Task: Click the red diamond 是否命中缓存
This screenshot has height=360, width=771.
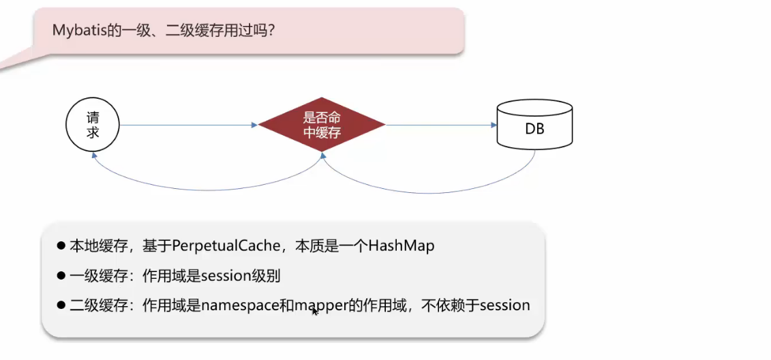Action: point(322,125)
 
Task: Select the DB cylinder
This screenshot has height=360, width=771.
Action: point(534,125)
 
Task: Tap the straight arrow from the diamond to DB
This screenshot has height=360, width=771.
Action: point(440,125)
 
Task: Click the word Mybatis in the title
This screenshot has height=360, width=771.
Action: point(76,31)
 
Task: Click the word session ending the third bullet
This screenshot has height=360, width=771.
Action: point(504,305)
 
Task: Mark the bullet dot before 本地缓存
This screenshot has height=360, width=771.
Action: point(61,246)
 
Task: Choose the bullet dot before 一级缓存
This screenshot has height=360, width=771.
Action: point(61,276)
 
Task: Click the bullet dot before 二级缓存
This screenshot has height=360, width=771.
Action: point(61,305)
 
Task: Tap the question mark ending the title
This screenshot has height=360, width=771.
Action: point(271,31)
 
